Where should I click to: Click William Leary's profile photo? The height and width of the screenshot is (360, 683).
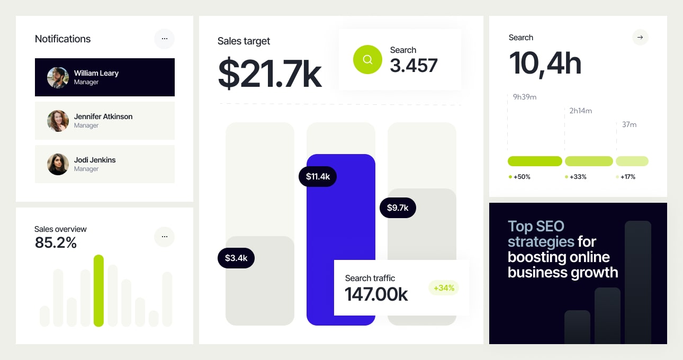(x=58, y=77)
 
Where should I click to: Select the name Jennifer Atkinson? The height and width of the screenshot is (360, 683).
(x=103, y=116)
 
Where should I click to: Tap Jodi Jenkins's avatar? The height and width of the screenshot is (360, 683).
(x=58, y=164)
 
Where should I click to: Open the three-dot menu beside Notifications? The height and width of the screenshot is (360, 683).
(x=164, y=39)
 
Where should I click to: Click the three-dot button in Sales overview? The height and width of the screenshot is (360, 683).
(x=164, y=237)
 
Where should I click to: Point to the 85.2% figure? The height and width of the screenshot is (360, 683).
(x=56, y=242)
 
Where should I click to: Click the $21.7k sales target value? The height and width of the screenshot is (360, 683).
(x=269, y=74)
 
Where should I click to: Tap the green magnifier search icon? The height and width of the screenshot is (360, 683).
(x=367, y=59)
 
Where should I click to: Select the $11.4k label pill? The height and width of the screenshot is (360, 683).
(x=318, y=176)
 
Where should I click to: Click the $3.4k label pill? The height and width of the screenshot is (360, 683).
(x=236, y=258)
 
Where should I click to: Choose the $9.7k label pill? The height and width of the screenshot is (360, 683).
(x=398, y=208)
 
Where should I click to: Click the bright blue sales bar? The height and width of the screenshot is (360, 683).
(x=340, y=222)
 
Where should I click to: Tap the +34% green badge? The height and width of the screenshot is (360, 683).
(x=444, y=288)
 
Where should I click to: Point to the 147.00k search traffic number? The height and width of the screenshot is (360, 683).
(x=376, y=294)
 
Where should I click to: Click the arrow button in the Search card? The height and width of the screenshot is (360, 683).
(x=640, y=37)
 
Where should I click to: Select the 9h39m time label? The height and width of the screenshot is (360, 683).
(x=525, y=97)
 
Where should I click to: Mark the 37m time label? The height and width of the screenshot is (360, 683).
(x=629, y=124)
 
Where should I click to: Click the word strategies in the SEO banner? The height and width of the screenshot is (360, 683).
(x=541, y=242)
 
